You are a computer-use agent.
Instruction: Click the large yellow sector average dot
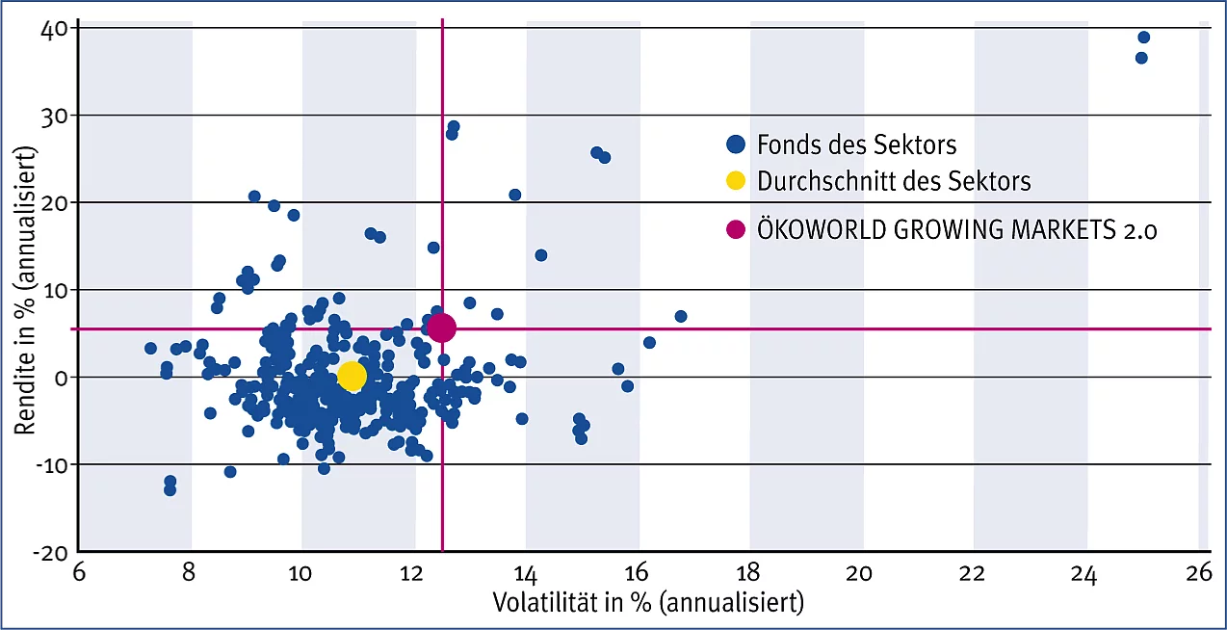tap(352, 376)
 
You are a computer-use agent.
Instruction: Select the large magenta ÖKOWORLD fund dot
tap(441, 328)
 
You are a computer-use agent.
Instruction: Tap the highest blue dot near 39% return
tap(1143, 38)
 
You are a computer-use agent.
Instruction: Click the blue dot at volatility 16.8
tap(681, 316)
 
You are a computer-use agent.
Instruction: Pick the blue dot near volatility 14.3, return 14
tap(541, 255)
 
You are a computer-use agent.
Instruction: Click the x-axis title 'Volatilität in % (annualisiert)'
tap(647, 604)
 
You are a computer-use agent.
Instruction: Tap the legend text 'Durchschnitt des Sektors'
tap(894, 181)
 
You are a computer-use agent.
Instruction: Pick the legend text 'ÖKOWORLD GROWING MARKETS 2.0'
tap(956, 230)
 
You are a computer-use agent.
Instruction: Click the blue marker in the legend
tap(736, 145)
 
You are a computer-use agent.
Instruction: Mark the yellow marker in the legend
tap(736, 181)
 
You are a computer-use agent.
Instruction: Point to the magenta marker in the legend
tap(736, 230)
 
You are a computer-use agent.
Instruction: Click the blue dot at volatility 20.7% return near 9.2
tap(254, 197)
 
